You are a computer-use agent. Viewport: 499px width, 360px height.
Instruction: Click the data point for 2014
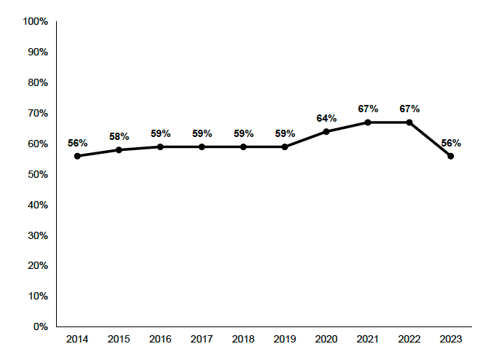(x=77, y=156)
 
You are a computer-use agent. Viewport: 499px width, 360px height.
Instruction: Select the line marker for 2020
(x=326, y=131)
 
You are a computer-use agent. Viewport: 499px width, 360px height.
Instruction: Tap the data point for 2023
(x=451, y=156)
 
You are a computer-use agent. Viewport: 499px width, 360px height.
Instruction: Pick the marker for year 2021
(x=368, y=122)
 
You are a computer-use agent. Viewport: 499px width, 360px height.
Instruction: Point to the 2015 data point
(x=119, y=150)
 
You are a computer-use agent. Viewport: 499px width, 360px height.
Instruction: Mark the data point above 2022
(x=409, y=122)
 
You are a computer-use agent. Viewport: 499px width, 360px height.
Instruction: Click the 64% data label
(x=326, y=118)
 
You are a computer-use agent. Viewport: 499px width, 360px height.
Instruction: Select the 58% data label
(x=119, y=136)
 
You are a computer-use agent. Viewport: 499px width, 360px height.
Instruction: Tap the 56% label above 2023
(x=451, y=143)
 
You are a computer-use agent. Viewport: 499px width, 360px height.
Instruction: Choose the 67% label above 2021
(x=368, y=109)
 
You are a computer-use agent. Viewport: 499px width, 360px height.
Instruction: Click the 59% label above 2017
(x=202, y=133)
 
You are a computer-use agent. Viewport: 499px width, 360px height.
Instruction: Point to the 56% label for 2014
(x=77, y=143)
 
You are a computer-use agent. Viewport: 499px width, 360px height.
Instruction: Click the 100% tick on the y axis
(x=35, y=22)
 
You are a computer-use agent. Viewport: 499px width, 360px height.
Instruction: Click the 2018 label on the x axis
(x=243, y=340)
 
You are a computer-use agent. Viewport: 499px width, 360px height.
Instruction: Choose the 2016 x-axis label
(x=160, y=340)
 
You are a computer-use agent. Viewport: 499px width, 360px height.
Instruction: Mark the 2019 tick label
(x=285, y=340)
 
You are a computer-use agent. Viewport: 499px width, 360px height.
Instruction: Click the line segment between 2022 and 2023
(x=430, y=139)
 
